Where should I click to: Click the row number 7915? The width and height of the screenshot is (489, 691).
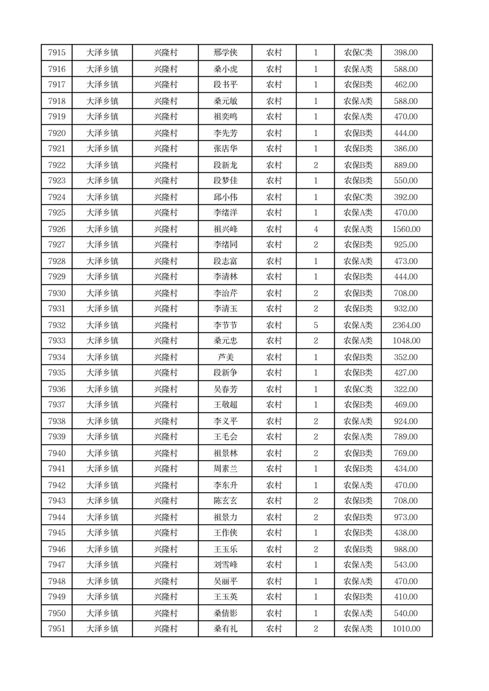tap(57, 53)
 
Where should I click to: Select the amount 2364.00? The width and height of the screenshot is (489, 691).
tap(406, 325)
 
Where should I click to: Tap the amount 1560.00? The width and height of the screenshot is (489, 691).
tap(406, 229)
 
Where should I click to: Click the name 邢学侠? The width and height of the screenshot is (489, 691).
tap(225, 53)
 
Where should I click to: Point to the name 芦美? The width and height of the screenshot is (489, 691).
tap(225, 357)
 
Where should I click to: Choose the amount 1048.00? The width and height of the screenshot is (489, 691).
tap(406, 341)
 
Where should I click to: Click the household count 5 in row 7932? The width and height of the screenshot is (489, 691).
tap(315, 325)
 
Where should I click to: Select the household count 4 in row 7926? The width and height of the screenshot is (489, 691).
tap(315, 229)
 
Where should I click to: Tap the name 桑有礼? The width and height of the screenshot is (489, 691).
tap(225, 629)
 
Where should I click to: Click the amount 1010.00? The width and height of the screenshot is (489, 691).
tap(406, 629)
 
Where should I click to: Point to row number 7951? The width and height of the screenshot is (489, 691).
tap(57, 629)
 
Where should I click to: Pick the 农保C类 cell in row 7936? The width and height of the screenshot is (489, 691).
tap(358, 389)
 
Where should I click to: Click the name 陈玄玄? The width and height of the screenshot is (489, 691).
tap(225, 501)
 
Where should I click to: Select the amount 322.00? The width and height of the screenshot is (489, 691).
tap(406, 389)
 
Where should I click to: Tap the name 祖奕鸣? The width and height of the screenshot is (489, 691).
tap(225, 116)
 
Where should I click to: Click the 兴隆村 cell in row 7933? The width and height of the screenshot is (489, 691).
tap(165, 341)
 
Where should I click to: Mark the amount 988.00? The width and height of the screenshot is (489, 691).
tap(406, 549)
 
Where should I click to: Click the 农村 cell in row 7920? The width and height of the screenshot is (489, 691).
tap(273, 133)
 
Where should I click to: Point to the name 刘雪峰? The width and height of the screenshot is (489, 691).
tap(225, 565)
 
